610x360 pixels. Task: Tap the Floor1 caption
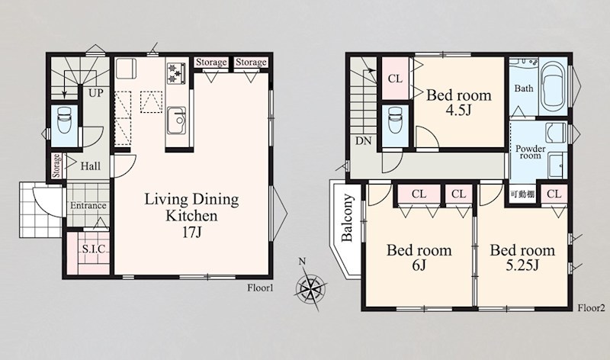click(260, 288)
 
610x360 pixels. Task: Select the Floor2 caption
click(592, 308)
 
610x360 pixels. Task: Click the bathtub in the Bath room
click(555, 86)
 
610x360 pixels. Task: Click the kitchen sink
click(176, 121)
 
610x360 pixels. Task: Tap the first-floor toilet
click(65, 121)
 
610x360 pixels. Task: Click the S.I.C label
click(94, 249)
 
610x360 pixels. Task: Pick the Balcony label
click(347, 217)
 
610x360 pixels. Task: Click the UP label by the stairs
click(96, 93)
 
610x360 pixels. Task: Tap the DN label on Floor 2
click(364, 141)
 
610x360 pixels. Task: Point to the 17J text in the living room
click(192, 233)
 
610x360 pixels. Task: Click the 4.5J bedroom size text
click(459, 111)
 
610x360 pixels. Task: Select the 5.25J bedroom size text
click(522, 265)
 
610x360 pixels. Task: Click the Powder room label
click(530, 152)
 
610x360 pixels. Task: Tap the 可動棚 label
click(522, 194)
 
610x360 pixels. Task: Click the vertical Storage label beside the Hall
click(56, 166)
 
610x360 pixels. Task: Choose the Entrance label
click(88, 205)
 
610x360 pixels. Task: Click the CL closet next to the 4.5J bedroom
click(395, 79)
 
